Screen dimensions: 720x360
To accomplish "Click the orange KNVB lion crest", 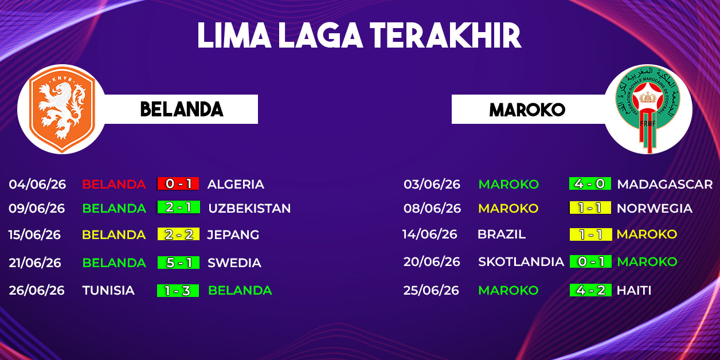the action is [x=62, y=109].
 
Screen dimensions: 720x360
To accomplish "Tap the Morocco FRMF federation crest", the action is [x=648, y=109].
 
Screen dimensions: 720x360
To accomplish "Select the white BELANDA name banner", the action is [x=180, y=109].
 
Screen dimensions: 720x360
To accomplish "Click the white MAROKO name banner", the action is [x=529, y=109].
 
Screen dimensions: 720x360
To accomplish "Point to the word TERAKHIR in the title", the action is [x=445, y=36].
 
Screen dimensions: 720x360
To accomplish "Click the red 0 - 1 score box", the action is [x=178, y=183].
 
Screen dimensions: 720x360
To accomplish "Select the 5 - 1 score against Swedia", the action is [x=178, y=263].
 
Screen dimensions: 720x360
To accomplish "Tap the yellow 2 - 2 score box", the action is [x=178, y=234].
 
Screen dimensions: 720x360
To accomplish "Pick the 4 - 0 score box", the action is [x=590, y=183].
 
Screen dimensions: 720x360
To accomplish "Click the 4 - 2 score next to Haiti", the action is [x=590, y=290].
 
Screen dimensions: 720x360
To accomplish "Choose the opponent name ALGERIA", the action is [x=236, y=184].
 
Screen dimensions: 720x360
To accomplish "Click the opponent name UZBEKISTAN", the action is [x=249, y=208].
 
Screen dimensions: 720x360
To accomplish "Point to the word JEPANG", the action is [x=233, y=234].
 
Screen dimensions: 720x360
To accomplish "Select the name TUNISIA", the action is [x=108, y=291].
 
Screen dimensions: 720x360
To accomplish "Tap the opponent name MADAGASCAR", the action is [x=665, y=184].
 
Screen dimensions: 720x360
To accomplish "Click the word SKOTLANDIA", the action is [x=521, y=261].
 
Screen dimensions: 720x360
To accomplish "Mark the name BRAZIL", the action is [x=502, y=234].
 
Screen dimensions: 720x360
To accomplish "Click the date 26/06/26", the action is [x=37, y=291].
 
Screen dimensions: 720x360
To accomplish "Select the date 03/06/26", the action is [x=432, y=184].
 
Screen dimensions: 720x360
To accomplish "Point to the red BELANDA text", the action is [x=114, y=184].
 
